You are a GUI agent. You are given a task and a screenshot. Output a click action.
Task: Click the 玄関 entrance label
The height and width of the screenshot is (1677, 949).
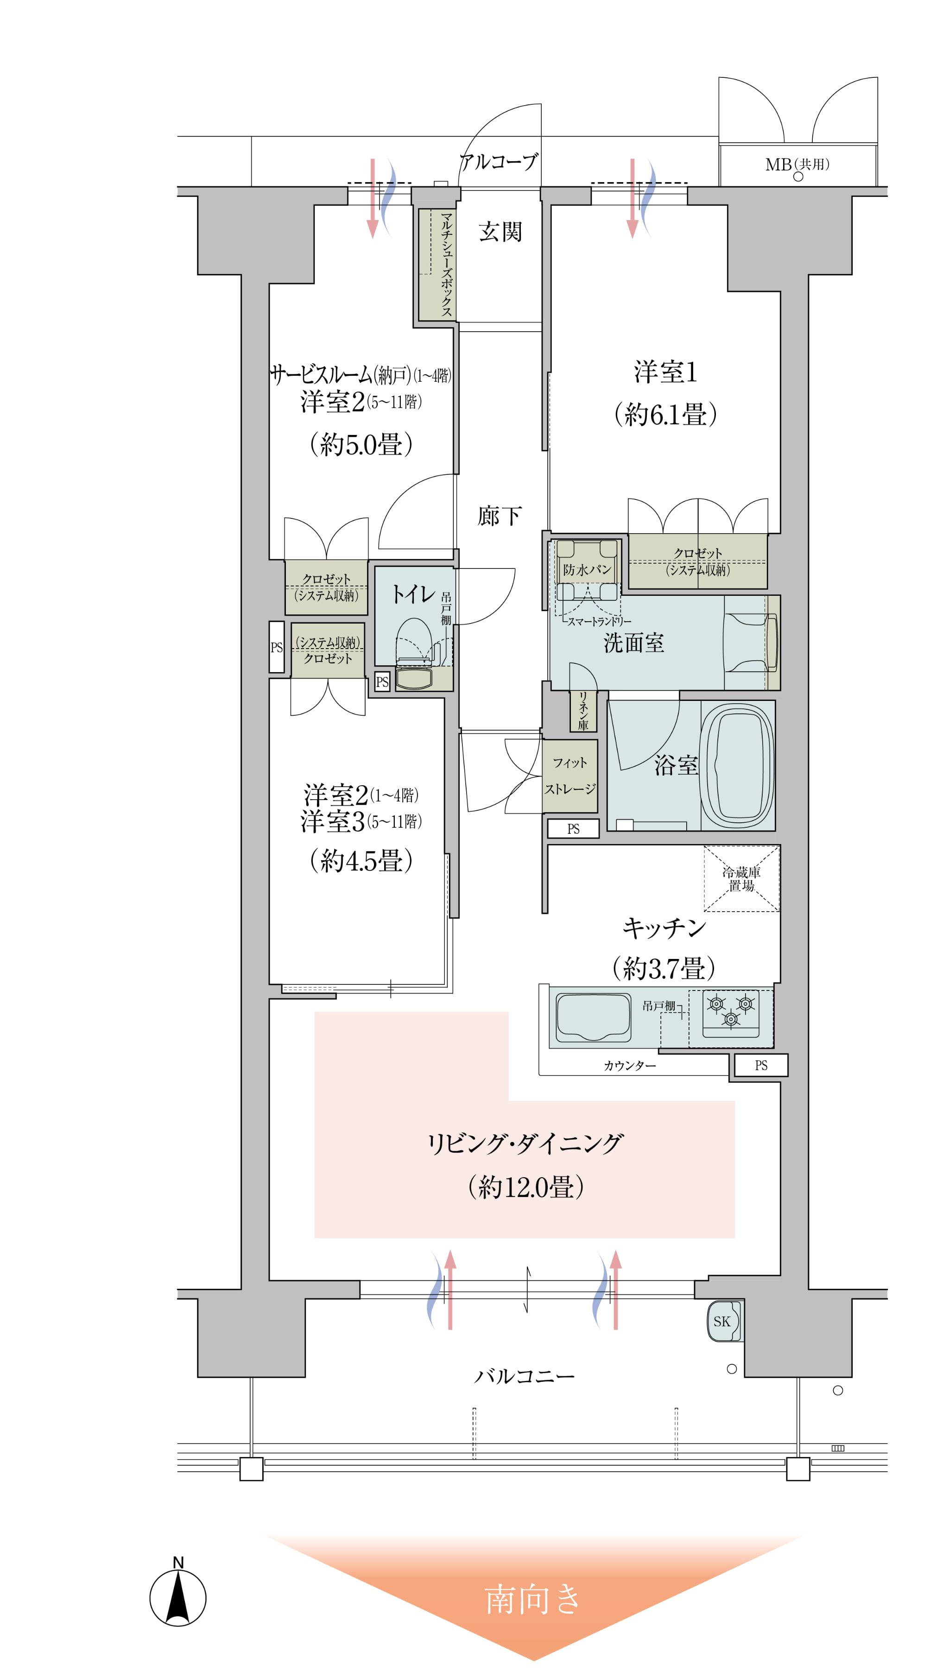click(500, 232)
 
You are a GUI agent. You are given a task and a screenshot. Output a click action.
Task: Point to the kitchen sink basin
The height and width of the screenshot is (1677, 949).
click(593, 1017)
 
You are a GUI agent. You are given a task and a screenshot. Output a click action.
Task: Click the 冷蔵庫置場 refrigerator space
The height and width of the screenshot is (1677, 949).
click(741, 878)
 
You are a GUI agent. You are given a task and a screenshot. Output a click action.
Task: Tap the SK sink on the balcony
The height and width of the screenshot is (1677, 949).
click(723, 1321)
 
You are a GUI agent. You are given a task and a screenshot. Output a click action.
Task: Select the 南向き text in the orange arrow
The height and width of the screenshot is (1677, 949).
click(532, 1600)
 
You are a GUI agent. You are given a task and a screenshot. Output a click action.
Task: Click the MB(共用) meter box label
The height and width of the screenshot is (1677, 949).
click(797, 165)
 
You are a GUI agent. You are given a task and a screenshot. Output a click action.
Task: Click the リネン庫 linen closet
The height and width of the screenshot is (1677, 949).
click(582, 711)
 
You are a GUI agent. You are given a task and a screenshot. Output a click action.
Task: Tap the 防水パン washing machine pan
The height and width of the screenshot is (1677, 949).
click(587, 569)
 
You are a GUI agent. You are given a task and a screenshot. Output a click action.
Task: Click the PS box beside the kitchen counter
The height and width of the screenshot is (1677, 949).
click(760, 1065)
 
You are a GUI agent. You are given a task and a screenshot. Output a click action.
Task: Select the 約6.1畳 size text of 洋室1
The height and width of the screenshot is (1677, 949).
click(665, 414)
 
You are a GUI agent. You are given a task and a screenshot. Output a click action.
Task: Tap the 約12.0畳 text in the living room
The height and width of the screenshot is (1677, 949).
click(525, 1186)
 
